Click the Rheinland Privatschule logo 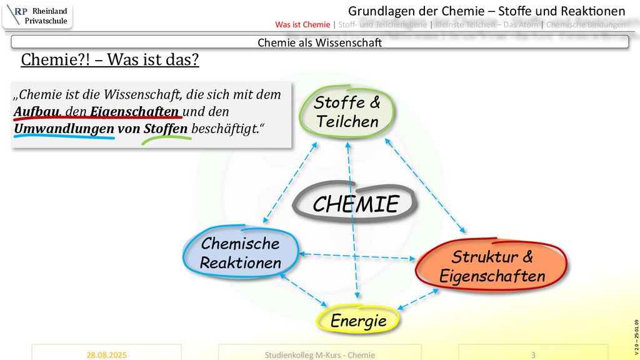(x=37, y=16)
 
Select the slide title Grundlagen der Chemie (x=486, y=11)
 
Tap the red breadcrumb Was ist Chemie (x=302, y=25)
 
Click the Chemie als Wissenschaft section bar (x=320, y=42)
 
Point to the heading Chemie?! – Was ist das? (x=110, y=60)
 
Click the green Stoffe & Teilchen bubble (x=347, y=112)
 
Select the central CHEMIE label (x=356, y=204)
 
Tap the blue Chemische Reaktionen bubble (x=241, y=253)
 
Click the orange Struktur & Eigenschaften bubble (x=492, y=266)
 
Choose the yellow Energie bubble (x=358, y=321)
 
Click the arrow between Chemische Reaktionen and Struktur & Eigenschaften (x=357, y=255)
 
